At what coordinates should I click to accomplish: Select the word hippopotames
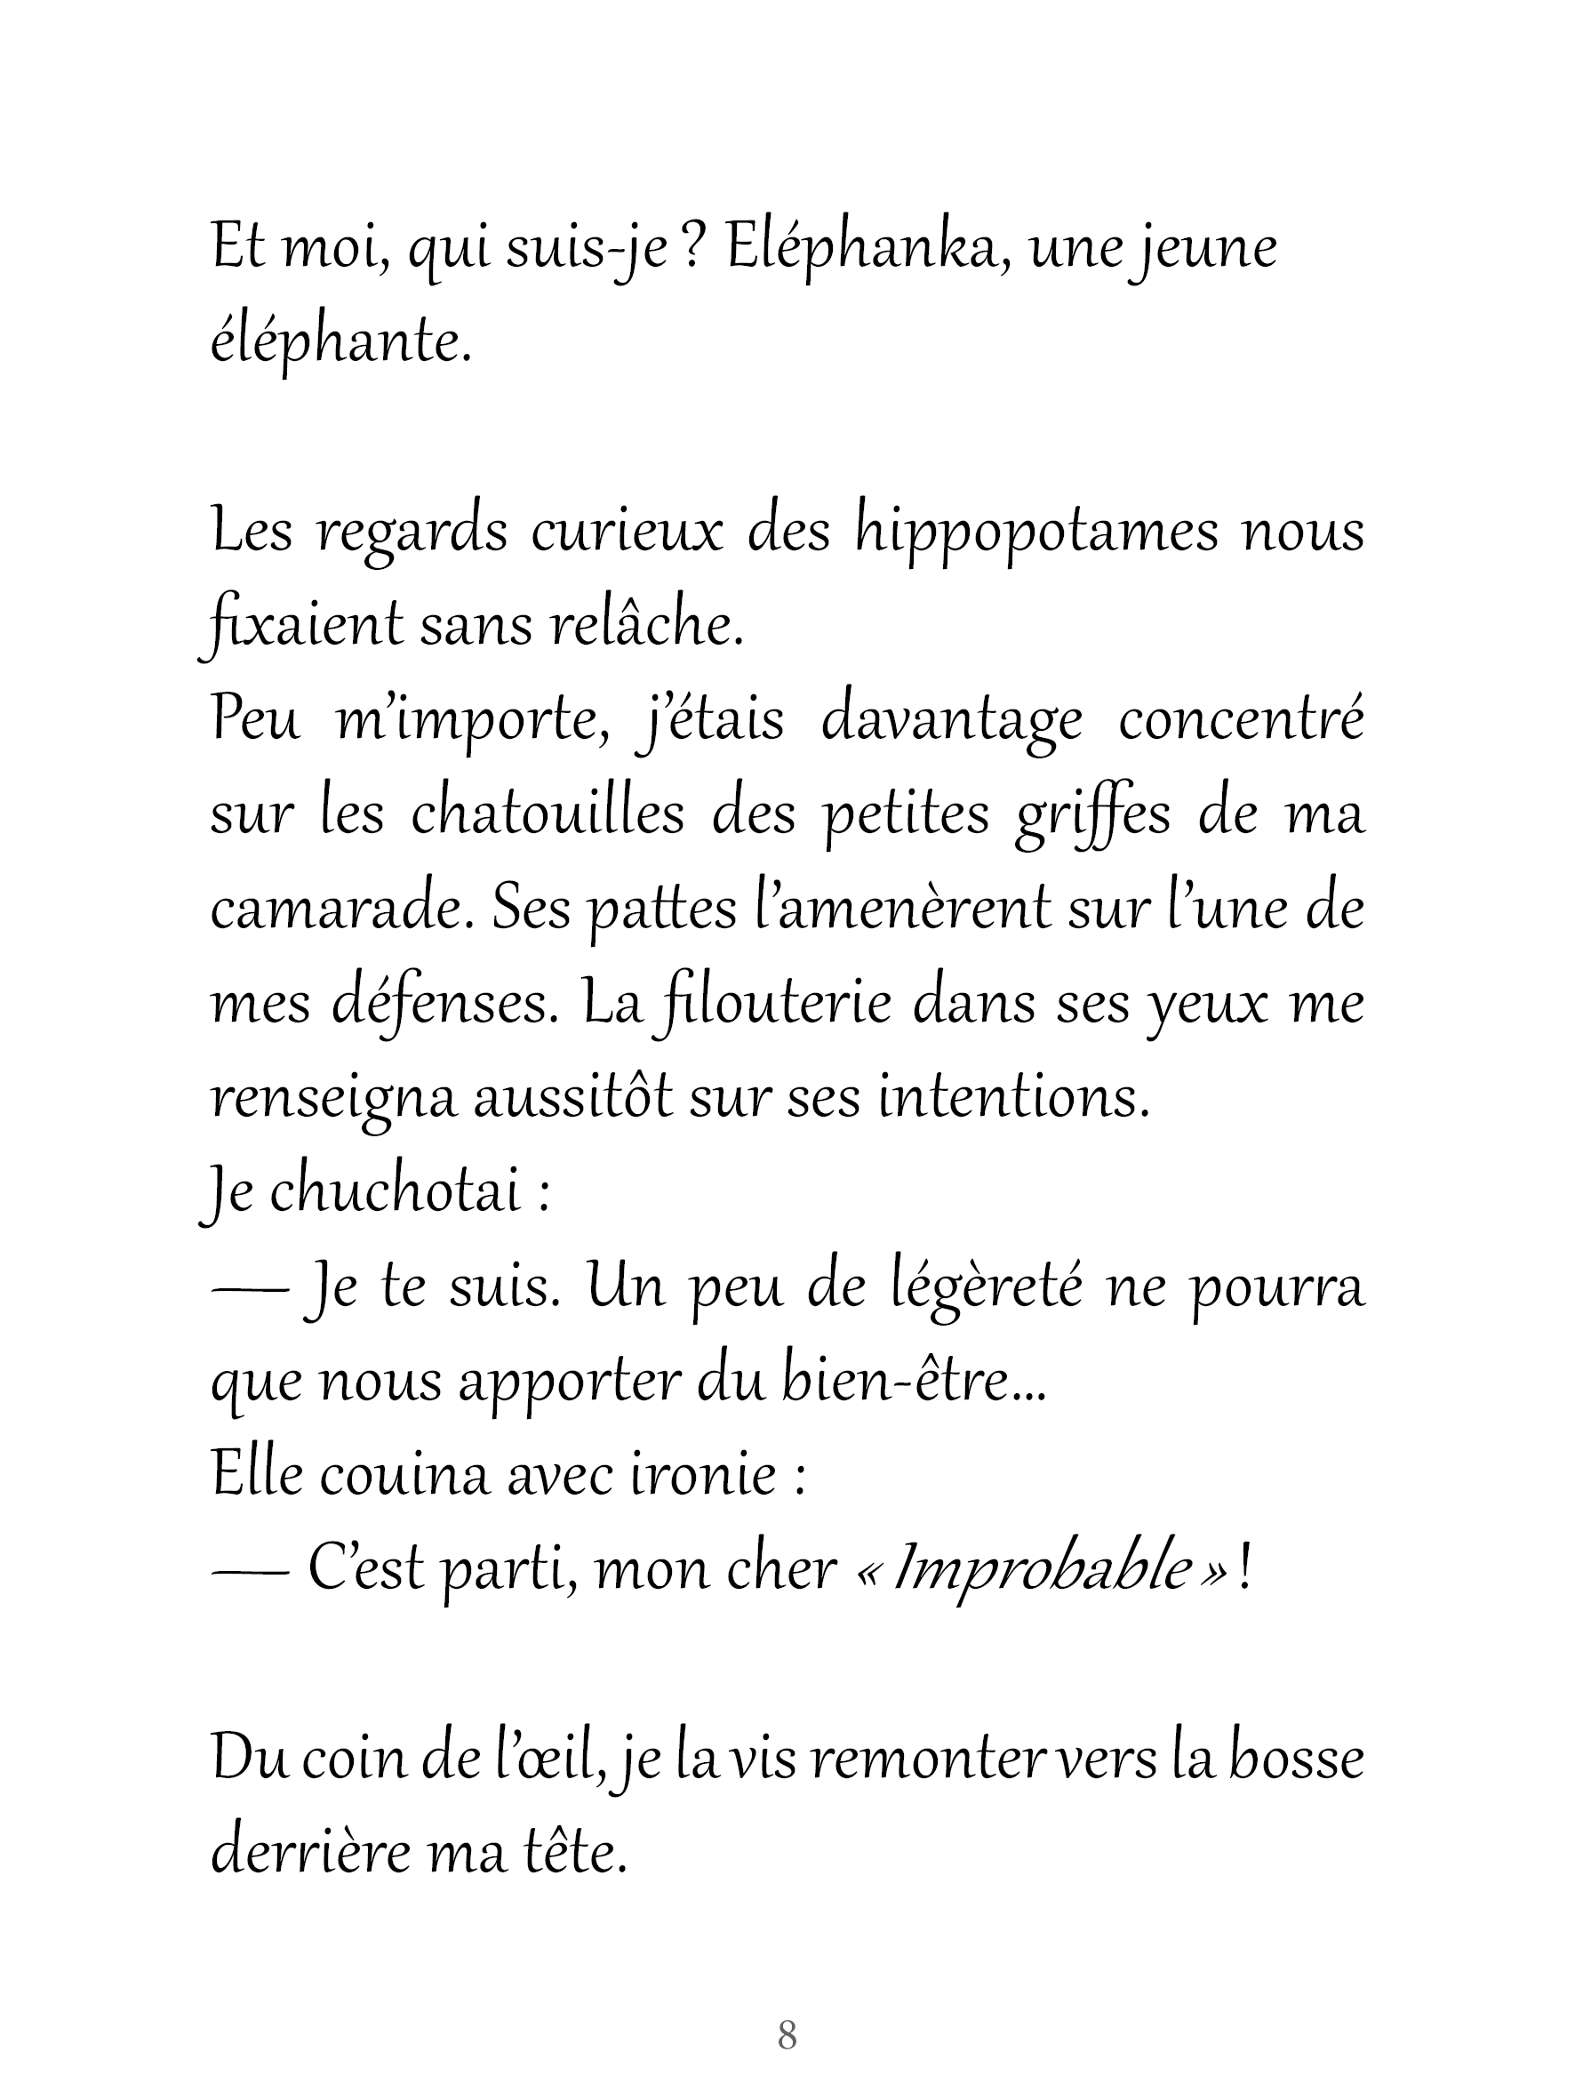point(1035,533)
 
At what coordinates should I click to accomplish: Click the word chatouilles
point(547,815)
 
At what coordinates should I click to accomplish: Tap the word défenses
point(444,1005)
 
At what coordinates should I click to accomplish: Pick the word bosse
point(1296,1759)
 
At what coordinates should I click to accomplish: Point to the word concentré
point(1241,720)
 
